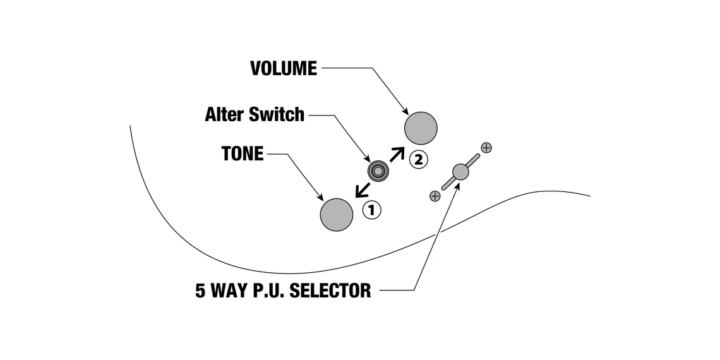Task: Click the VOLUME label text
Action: [x=284, y=68]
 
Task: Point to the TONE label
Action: [x=243, y=153]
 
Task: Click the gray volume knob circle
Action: [x=421, y=128]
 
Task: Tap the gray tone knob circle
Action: [x=337, y=215]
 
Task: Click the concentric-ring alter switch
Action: [x=378, y=171]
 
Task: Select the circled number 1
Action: [x=372, y=210]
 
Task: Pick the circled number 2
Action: [x=417, y=159]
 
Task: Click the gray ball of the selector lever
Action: [x=460, y=171]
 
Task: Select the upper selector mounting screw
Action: [x=486, y=148]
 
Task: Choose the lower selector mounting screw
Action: [x=435, y=196]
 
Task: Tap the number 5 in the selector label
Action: [x=200, y=291]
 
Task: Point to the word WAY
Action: [x=229, y=291]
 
